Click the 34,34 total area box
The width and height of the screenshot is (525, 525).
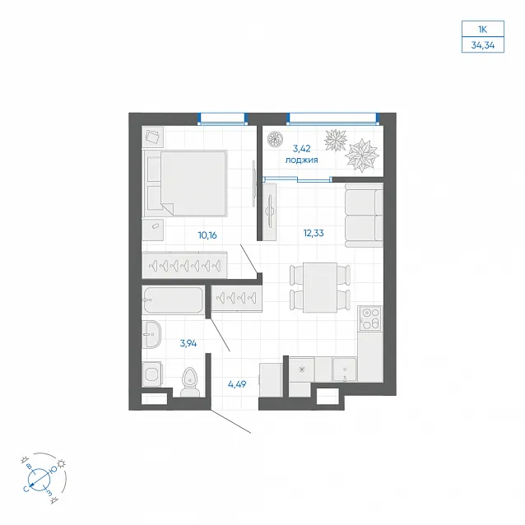pyautogui.click(x=482, y=45)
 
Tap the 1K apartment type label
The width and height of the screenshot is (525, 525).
pyautogui.click(x=482, y=30)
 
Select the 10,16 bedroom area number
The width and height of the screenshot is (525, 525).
pyautogui.click(x=207, y=235)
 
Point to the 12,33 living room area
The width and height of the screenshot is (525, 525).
pyautogui.click(x=314, y=233)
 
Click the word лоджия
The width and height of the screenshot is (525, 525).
pyautogui.click(x=301, y=160)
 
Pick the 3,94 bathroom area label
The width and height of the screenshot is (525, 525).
pyautogui.click(x=188, y=343)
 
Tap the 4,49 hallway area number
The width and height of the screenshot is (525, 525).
pyautogui.click(x=237, y=384)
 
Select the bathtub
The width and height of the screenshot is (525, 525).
pyautogui.click(x=173, y=300)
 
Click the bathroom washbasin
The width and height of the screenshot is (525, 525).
pyautogui.click(x=151, y=334)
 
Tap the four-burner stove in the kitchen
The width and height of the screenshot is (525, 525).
pyautogui.click(x=370, y=318)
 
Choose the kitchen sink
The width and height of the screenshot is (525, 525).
pyautogui.click(x=345, y=369)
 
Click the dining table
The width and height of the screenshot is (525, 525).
pyautogui.click(x=320, y=288)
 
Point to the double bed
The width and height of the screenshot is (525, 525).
pyautogui.click(x=185, y=184)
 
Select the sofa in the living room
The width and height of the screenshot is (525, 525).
pyautogui.click(x=364, y=216)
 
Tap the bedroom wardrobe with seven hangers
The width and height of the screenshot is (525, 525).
pyautogui.click(x=184, y=265)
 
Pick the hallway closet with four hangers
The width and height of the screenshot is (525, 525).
pyautogui.click(x=236, y=298)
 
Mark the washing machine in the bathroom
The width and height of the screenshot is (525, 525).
pyautogui.click(x=151, y=374)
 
